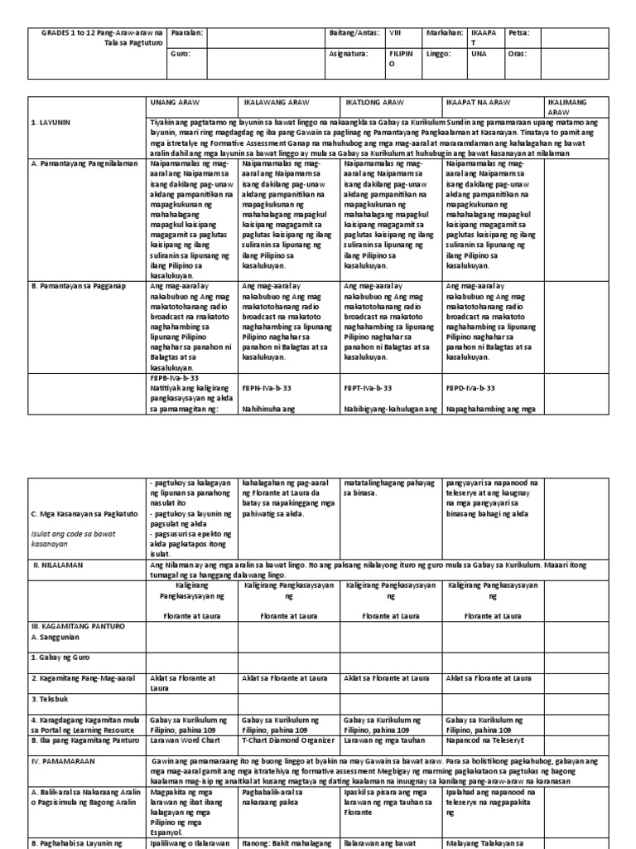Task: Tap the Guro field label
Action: [179, 53]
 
